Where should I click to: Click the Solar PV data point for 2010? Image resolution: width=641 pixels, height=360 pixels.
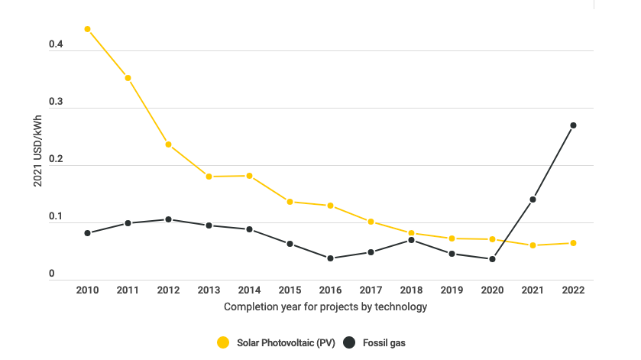pos(87,29)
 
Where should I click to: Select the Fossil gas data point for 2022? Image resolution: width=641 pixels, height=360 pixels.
pos(573,125)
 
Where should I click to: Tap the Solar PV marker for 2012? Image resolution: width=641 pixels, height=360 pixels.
pos(168,144)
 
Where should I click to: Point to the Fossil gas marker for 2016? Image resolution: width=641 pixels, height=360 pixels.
pos(330,258)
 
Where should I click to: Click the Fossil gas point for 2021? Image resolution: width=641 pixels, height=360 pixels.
pos(533,199)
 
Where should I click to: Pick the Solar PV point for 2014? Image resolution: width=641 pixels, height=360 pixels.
pos(249,176)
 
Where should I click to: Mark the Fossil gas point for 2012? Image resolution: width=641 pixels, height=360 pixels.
pos(168,219)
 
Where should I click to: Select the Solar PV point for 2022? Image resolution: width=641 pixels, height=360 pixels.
pos(573,243)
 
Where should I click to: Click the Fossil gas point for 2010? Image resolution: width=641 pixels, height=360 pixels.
pos(87,233)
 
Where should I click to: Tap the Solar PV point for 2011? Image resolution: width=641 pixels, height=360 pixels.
pos(128,78)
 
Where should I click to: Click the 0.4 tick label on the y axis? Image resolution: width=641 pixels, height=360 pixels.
pos(55,45)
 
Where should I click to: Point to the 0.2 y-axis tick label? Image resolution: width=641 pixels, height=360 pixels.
pos(55,160)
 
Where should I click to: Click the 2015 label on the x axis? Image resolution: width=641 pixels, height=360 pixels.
pos(290,291)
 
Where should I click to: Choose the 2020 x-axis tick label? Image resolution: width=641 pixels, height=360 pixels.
pos(492,291)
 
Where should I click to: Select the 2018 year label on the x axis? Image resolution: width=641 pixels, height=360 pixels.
pos(411,291)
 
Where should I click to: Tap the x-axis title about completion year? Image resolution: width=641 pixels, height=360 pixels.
pos(325,307)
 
